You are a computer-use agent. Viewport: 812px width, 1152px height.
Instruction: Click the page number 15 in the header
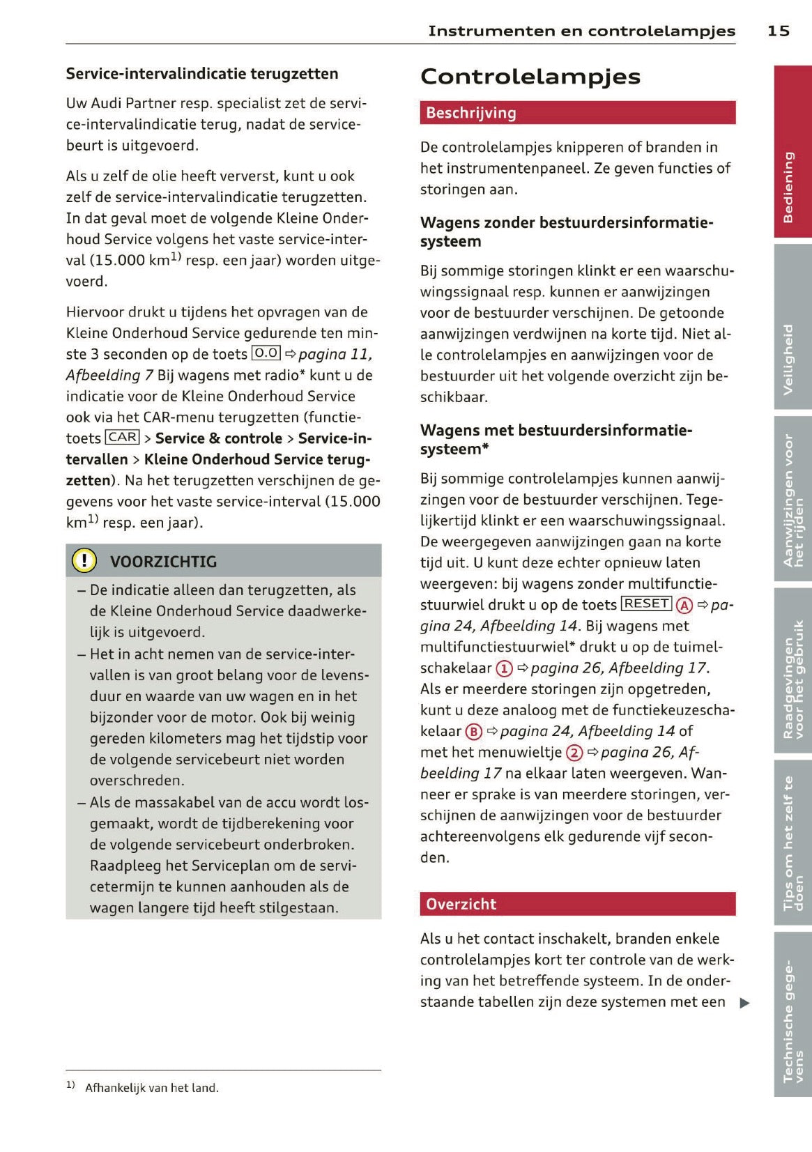point(779,31)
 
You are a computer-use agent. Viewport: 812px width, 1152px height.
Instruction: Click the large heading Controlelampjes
point(530,77)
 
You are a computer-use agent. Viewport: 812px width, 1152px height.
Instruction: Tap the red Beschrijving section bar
point(577,113)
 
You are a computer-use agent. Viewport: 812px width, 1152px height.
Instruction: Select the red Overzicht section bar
point(577,904)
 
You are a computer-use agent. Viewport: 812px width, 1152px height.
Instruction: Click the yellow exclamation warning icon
point(84,561)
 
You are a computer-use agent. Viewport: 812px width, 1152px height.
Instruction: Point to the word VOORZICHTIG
point(163,562)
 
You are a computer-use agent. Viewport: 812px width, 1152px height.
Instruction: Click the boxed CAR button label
point(123,438)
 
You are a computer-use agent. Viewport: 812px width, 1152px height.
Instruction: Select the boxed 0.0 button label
point(266,353)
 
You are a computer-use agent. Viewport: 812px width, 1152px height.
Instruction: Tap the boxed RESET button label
point(646,604)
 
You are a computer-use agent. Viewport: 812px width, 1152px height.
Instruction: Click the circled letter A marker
point(684,605)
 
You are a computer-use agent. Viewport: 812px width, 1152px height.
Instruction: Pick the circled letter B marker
point(474,732)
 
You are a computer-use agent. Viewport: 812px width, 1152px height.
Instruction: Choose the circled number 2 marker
point(574,753)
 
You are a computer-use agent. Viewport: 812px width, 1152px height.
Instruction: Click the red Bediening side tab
point(792,152)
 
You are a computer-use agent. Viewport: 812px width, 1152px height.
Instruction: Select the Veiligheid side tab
point(792,327)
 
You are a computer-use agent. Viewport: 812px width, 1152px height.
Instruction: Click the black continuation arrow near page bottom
point(744,1004)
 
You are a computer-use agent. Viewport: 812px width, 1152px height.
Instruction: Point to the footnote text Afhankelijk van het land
point(152,1088)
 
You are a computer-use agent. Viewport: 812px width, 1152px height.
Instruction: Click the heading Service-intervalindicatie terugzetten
point(202,74)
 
